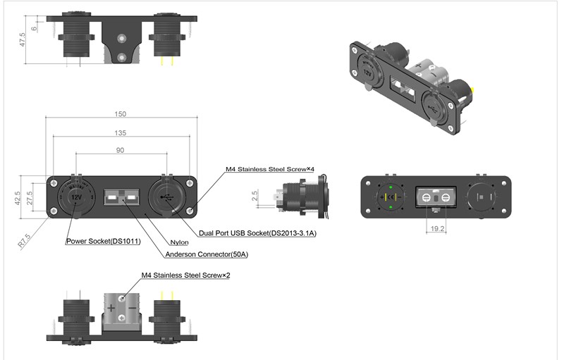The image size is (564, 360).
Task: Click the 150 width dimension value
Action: coord(121,114)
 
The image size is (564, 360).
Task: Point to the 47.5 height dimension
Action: coord(23,39)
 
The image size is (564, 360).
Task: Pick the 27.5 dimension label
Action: coord(30,199)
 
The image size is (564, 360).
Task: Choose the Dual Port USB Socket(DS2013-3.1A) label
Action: coord(257,233)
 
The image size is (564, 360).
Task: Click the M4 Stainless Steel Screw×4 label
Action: coord(269,170)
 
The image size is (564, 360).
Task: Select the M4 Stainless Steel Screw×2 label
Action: coord(185,275)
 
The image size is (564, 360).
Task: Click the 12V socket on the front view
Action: coord(75,197)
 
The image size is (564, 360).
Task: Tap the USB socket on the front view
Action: coord(168,197)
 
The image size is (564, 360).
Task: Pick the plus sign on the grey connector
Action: coord(111,308)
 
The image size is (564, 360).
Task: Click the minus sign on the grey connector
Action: coord(133,308)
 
